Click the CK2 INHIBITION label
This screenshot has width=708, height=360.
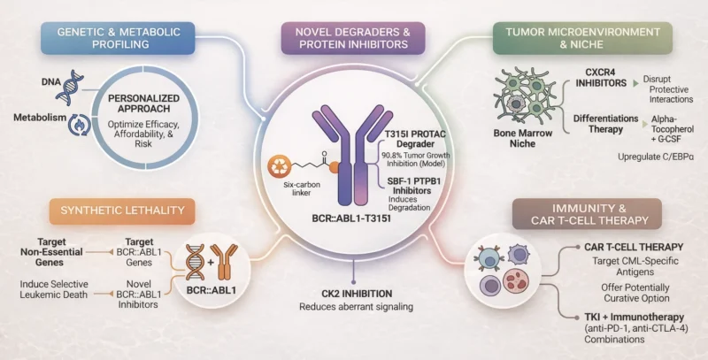pyautogui.click(x=353, y=292)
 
